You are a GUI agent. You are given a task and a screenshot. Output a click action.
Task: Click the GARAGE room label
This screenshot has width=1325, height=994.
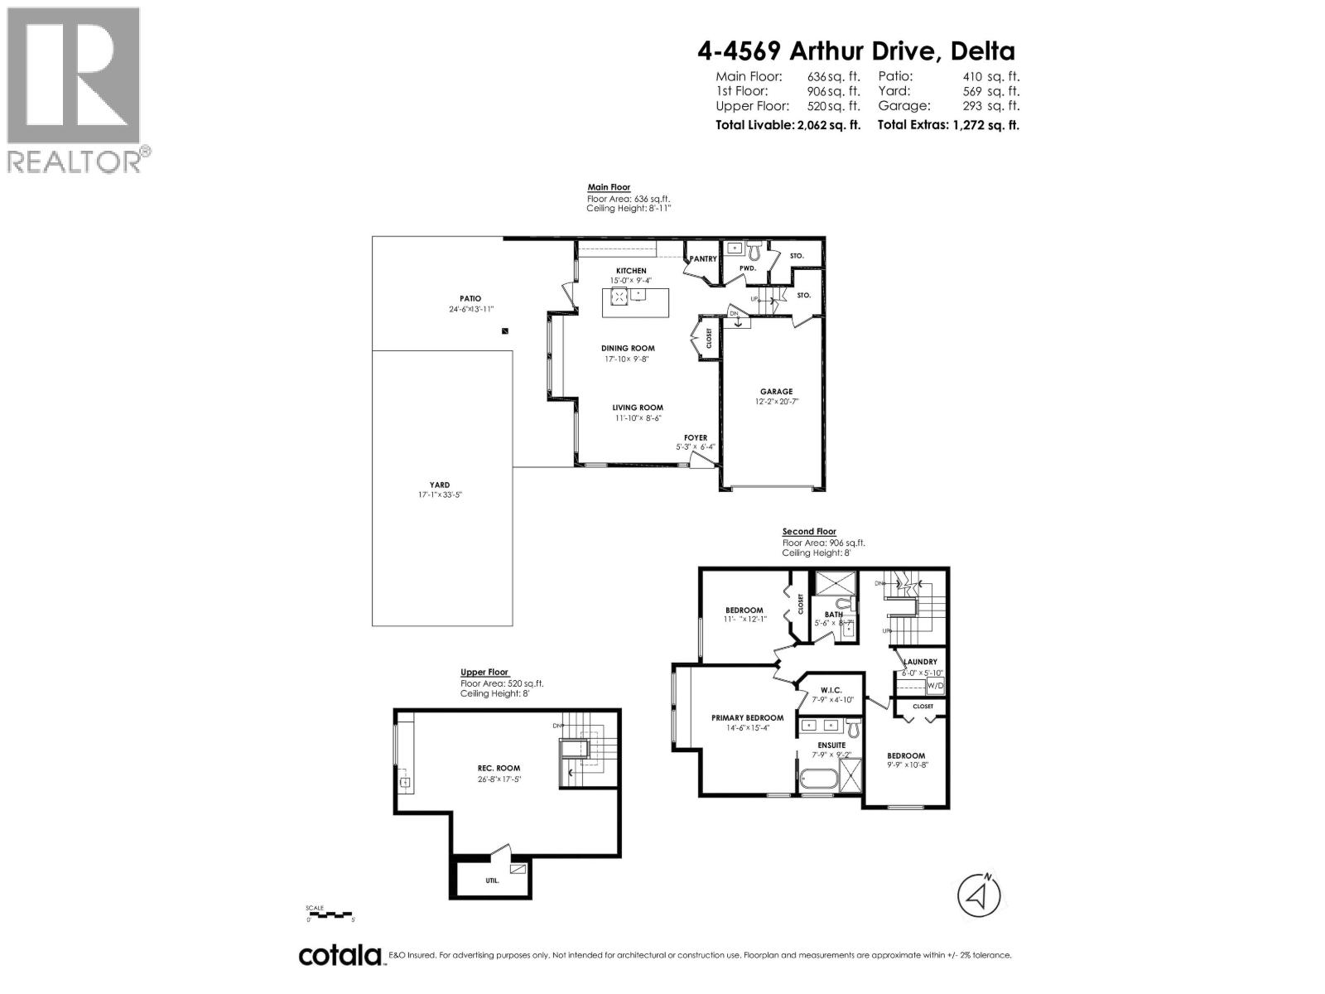[776, 392]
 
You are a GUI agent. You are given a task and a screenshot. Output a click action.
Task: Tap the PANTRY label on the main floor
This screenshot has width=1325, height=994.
[703, 259]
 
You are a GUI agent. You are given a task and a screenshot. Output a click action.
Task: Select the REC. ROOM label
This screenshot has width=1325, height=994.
[499, 769]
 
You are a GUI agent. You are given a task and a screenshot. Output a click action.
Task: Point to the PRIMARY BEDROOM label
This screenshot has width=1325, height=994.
[747, 718]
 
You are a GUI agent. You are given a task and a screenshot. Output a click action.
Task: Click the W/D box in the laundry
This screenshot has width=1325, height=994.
[934, 686]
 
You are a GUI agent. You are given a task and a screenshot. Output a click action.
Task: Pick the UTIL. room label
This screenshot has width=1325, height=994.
[493, 881]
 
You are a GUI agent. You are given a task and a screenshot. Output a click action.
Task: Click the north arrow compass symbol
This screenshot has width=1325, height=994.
[979, 895]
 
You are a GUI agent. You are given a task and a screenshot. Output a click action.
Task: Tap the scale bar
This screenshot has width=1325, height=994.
[330, 914]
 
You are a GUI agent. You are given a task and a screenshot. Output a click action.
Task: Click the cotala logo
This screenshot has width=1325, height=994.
[340, 955]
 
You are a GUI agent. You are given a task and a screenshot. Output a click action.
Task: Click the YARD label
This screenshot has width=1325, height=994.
[440, 485]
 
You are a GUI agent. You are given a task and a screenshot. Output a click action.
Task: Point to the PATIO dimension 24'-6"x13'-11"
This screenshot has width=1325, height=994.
[470, 309]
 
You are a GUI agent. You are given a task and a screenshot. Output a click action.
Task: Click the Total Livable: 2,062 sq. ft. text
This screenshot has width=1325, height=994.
[788, 125]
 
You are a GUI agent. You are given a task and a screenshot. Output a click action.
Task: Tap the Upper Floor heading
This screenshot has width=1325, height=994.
[484, 673]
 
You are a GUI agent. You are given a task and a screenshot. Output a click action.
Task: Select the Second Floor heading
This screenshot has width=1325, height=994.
[809, 532]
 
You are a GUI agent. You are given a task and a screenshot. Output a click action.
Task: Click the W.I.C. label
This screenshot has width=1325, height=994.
[831, 690]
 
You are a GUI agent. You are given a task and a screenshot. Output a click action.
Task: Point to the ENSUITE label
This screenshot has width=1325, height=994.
[831, 745]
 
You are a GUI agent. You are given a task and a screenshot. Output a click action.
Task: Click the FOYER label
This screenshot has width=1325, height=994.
[696, 437]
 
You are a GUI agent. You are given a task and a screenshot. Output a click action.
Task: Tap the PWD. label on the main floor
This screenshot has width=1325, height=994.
[747, 268]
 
